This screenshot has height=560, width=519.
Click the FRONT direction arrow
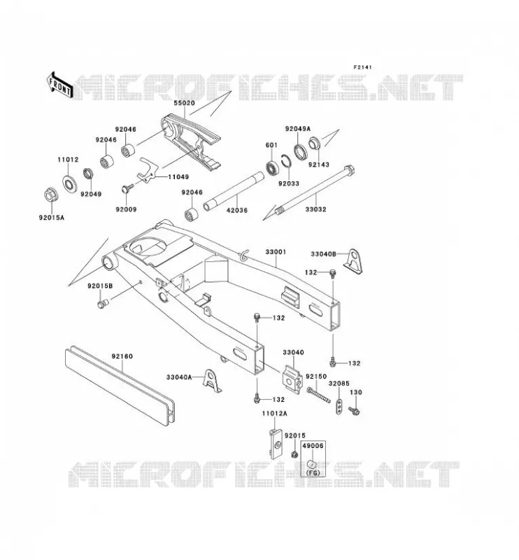[59, 85]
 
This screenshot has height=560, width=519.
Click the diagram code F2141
[362, 67]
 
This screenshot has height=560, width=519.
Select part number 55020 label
[184, 103]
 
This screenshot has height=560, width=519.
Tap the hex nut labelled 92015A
[50, 195]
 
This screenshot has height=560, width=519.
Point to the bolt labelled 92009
[128, 188]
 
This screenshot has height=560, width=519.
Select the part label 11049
[178, 177]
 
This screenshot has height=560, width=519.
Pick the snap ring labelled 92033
[287, 161]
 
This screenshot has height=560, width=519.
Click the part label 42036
[237, 210]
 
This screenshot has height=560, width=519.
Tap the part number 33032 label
[315, 209]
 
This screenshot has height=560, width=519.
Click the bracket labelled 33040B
[353, 261]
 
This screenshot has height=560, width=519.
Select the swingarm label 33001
[276, 252]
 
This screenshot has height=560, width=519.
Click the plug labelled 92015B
[102, 304]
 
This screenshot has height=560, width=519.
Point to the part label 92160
[122, 356]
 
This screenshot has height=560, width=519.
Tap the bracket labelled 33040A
[213, 381]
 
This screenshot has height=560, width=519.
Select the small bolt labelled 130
[355, 411]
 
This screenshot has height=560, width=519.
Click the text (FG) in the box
[313, 473]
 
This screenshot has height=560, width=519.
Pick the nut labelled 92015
[294, 454]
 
